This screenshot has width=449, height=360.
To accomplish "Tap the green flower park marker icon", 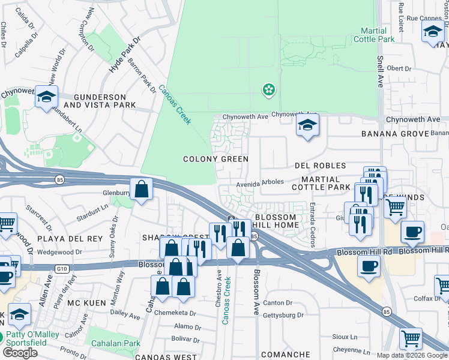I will point(269,91).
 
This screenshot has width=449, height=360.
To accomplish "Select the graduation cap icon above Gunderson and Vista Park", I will point(46,97).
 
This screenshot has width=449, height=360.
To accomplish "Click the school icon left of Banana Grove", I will point(307,126).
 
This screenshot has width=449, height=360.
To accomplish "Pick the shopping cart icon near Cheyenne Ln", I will point(411,339).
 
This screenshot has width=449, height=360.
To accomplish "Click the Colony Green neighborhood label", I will point(216,159).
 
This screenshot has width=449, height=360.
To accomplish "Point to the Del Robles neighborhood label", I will point(320,166).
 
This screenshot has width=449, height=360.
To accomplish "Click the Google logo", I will point(20,353).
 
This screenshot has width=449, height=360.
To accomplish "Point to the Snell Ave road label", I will point(380,73).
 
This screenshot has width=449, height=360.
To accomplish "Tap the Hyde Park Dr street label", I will point(124,55).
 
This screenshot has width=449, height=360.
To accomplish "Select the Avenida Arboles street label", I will point(259,182).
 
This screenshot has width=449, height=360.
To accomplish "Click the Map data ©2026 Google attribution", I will point(412,355).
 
